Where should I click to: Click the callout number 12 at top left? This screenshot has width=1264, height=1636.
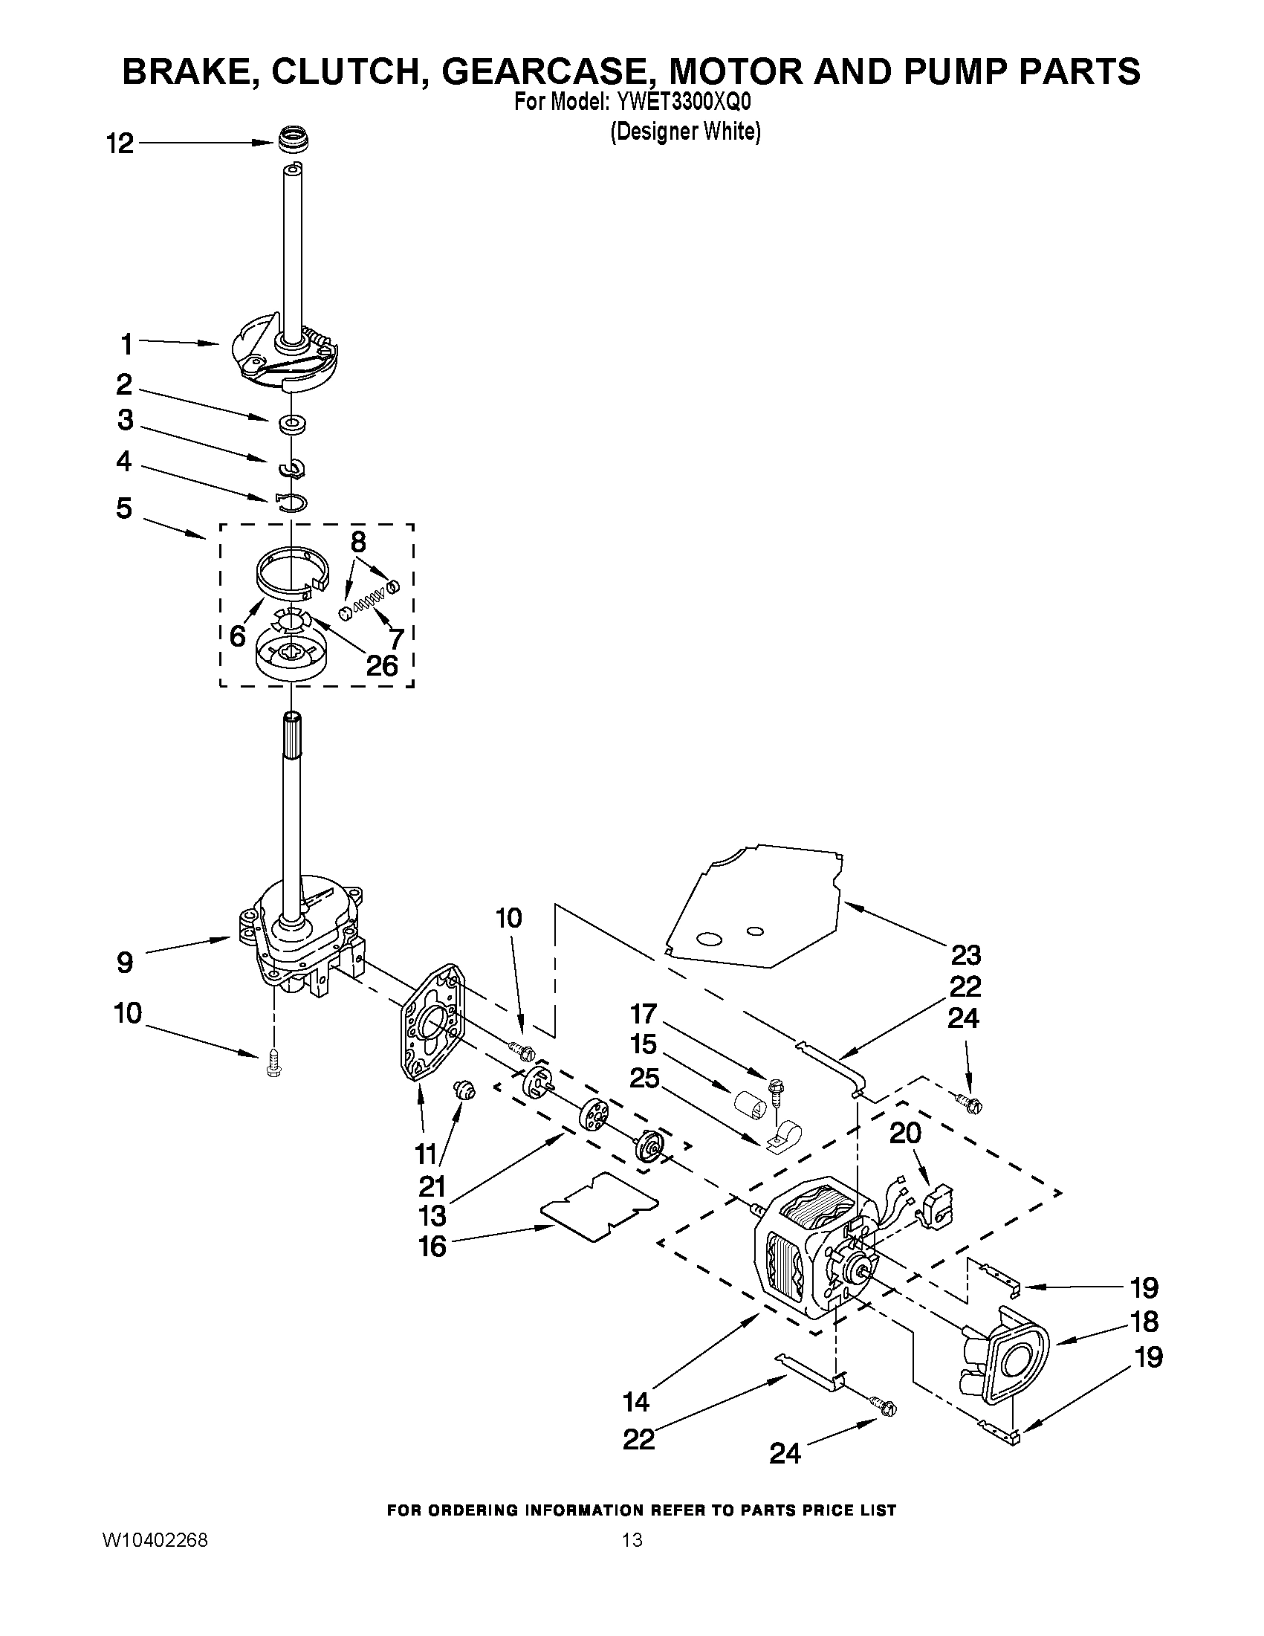(x=119, y=143)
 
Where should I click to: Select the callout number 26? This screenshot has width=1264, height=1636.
(x=381, y=665)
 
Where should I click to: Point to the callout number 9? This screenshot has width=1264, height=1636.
(x=125, y=962)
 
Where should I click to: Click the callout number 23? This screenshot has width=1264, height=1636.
(x=965, y=955)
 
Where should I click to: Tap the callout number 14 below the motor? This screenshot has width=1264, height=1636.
(x=636, y=1401)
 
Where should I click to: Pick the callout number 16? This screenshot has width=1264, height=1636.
(x=432, y=1247)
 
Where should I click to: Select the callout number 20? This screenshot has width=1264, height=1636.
(x=904, y=1134)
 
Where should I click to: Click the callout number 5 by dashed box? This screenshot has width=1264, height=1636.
(x=124, y=508)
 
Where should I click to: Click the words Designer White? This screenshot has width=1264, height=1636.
(x=685, y=132)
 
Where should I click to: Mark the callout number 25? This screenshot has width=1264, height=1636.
(x=644, y=1079)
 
